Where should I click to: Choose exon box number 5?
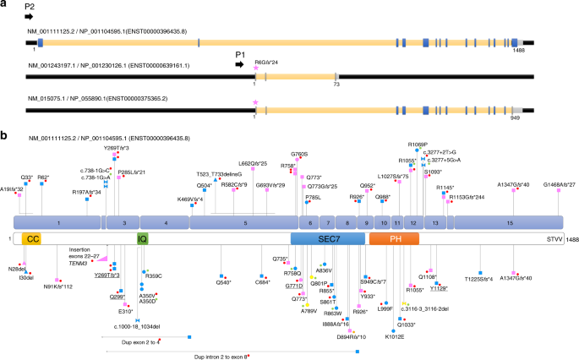pyautogui.click(x=244, y=222)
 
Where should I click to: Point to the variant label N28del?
pyautogui.click(x=18, y=268)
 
